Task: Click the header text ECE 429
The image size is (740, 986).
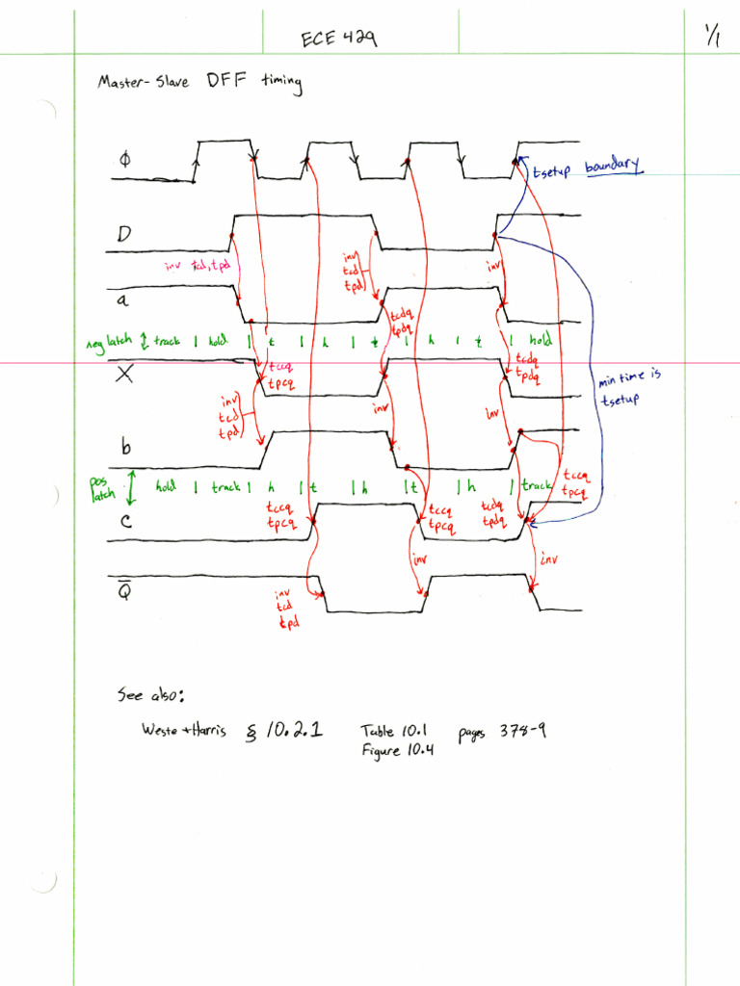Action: (x=338, y=39)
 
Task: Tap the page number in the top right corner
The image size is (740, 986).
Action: (x=714, y=37)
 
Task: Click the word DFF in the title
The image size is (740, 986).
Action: (x=225, y=83)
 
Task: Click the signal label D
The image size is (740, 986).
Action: (x=123, y=234)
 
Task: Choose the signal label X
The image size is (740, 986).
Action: (x=124, y=375)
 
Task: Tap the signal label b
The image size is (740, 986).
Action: (x=124, y=446)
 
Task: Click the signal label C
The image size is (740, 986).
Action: (x=123, y=521)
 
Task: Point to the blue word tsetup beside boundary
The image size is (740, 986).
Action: (x=552, y=170)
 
